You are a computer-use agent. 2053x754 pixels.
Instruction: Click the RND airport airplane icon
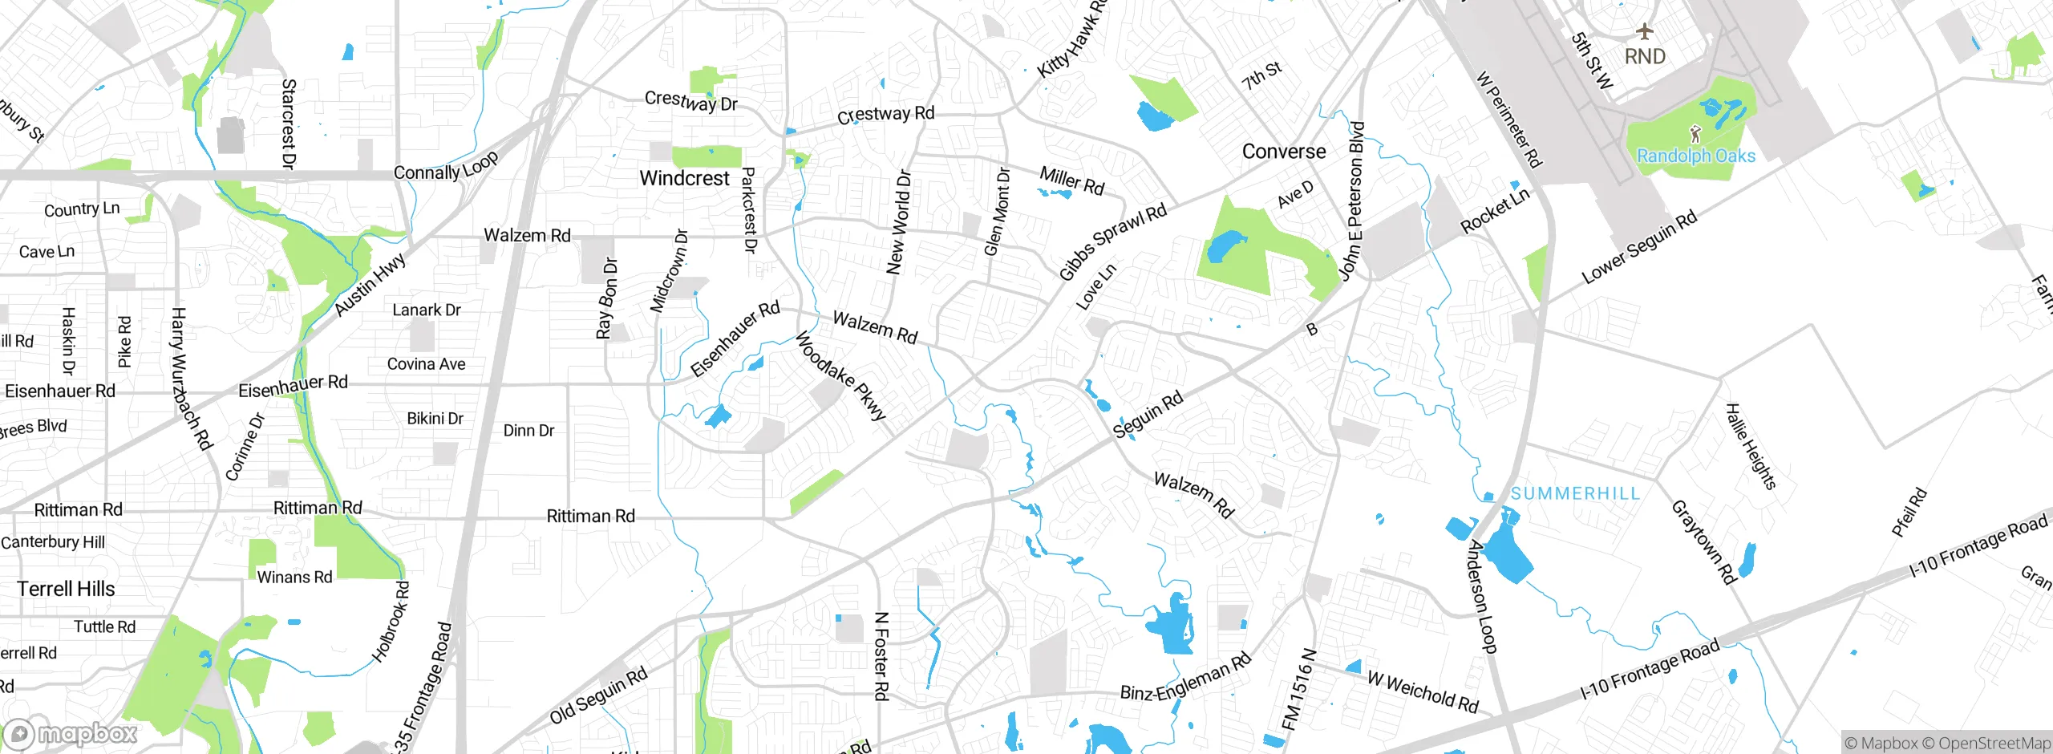1645,32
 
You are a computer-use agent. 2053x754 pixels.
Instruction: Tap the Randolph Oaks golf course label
1695,156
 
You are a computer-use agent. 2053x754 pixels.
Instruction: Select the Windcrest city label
684,178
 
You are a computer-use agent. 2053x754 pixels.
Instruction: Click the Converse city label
1283,152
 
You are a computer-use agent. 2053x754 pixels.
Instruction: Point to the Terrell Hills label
66,589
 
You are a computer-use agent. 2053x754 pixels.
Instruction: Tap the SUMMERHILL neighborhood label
1575,493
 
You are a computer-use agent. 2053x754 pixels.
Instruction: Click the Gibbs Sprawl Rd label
1112,242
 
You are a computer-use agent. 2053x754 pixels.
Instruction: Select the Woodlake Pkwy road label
840,376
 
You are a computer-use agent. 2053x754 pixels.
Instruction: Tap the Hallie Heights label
1751,446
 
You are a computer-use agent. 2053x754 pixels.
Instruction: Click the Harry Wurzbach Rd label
191,379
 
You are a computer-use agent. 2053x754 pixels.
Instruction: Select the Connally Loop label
446,166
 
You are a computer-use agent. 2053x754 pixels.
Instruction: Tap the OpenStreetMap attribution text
1994,743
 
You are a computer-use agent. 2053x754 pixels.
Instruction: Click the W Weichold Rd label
1422,691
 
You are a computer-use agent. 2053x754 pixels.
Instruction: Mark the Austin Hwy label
370,286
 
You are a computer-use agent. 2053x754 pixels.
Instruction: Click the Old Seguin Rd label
598,695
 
